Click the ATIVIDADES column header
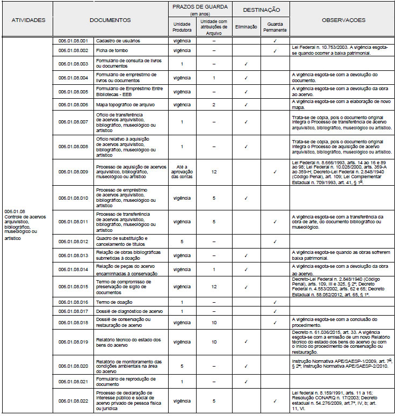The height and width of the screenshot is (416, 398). [28, 20]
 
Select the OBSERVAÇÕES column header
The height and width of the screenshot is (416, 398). [343, 20]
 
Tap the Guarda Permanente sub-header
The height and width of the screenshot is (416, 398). [274, 27]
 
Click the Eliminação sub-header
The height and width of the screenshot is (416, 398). [245, 26]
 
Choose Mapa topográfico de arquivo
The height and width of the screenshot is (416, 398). [124, 104]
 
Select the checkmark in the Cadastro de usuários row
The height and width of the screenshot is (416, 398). [274, 41]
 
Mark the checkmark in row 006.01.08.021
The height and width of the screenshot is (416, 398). [245, 382]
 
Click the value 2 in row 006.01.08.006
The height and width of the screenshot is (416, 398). [214, 104]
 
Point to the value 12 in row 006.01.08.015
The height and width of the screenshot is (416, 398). [214, 287]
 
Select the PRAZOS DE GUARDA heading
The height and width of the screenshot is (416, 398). [199, 8]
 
